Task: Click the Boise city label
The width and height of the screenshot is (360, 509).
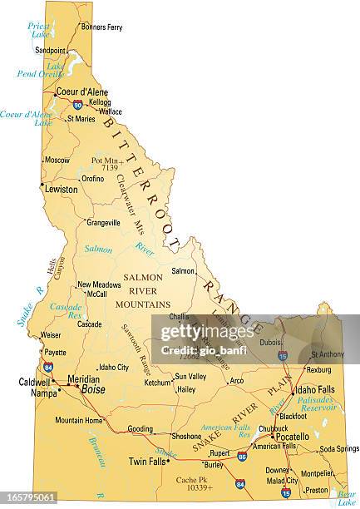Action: point(93,389)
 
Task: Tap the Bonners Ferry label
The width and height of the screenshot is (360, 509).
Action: point(102,27)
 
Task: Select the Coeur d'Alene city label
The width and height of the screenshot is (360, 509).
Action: point(81,93)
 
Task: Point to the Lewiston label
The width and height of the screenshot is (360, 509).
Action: point(61,190)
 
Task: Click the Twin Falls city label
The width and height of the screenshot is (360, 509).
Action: point(147,461)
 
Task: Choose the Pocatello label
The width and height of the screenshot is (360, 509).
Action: point(292,437)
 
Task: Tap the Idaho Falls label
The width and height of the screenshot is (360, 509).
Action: point(316,389)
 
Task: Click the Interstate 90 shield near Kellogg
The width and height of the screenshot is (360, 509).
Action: point(77,105)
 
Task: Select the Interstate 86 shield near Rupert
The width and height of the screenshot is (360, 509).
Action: point(242,457)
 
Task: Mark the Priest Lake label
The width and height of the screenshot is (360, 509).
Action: point(38,30)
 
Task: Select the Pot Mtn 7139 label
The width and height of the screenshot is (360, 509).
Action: point(107,163)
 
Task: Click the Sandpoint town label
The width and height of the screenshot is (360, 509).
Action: point(50,50)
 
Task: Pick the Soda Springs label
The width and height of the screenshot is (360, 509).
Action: point(338,449)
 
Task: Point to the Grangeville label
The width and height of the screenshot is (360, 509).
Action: point(104,223)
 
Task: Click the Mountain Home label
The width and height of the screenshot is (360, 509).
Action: point(79,421)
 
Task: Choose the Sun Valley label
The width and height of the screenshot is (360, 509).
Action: point(190,377)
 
